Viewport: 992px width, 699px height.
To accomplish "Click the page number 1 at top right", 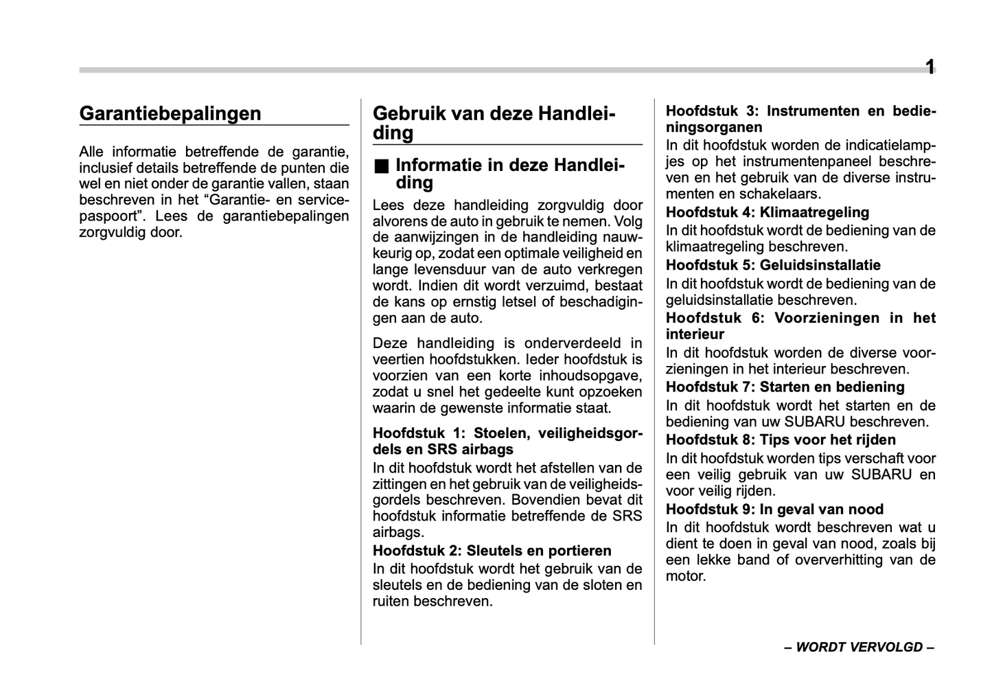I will pyautogui.click(x=930, y=67).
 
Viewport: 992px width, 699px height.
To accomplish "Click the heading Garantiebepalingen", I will pyautogui.click(x=170, y=113).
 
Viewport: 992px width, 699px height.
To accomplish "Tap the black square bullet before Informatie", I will pyautogui.click(x=381, y=166).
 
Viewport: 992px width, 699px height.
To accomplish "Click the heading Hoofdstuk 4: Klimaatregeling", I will pyautogui.click(x=767, y=212).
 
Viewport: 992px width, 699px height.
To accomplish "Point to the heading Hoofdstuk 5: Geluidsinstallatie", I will pyautogui.click(x=773, y=265).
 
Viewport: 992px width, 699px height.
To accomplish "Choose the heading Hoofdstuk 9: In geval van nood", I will pyautogui.click(x=774, y=509).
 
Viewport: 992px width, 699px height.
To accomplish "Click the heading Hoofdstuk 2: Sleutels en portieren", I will pyautogui.click(x=492, y=551).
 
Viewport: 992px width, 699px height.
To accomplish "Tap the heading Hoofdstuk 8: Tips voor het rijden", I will pyautogui.click(x=781, y=439).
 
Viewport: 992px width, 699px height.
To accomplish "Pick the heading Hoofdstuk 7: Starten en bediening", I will pyautogui.click(x=785, y=387).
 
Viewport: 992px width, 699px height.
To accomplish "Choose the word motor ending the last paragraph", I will pyautogui.click(x=685, y=576).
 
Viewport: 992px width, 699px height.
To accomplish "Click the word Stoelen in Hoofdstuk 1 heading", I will pyautogui.click(x=500, y=433).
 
